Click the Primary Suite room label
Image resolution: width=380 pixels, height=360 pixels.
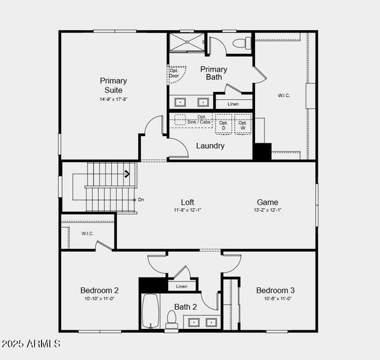pyautogui.click(x=113, y=85)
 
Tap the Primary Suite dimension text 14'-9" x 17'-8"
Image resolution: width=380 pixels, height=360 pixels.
pyautogui.click(x=113, y=99)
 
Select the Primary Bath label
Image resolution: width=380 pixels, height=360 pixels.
pyautogui.click(x=214, y=73)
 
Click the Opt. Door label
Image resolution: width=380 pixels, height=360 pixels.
pyautogui.click(x=174, y=73)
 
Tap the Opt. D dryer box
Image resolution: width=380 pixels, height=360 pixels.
pyautogui.click(x=223, y=125)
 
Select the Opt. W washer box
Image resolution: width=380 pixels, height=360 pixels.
pyautogui.click(x=243, y=125)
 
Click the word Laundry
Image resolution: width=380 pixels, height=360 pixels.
pyautogui.click(x=210, y=146)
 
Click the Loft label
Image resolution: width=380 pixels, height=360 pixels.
pyautogui.click(x=188, y=202)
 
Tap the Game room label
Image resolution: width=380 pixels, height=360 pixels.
pyautogui.click(x=267, y=202)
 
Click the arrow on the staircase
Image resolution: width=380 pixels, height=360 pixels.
pyautogui.click(x=127, y=175)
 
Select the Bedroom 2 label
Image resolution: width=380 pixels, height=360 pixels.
pyautogui.click(x=100, y=290)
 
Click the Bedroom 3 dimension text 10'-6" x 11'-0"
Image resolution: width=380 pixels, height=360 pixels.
pyautogui.click(x=275, y=298)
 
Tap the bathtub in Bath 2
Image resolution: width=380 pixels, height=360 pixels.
pyautogui.click(x=150, y=310)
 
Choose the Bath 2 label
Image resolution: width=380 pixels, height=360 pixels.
pyautogui.click(x=185, y=307)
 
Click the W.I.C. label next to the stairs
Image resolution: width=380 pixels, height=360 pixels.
pyautogui.click(x=88, y=233)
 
